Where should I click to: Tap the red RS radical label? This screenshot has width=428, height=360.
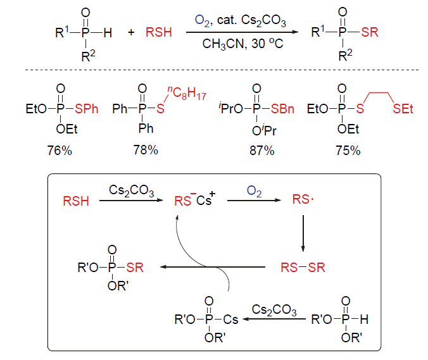pyautogui.click(x=303, y=201)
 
